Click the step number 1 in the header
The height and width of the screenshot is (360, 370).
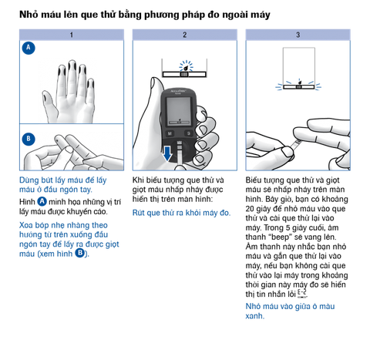(x=72, y=35)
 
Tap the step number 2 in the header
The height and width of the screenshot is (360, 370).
(x=184, y=35)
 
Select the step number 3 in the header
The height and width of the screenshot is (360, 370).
(x=298, y=35)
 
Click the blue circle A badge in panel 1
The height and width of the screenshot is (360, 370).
(x=29, y=48)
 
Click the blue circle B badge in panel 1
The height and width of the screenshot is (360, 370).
(x=29, y=139)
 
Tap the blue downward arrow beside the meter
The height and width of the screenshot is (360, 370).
(x=167, y=153)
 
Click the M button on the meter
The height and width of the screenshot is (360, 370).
(x=170, y=133)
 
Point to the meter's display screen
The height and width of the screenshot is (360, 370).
(x=179, y=112)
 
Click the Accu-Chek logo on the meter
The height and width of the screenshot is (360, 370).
(x=179, y=92)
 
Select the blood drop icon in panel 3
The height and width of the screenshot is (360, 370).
(x=299, y=82)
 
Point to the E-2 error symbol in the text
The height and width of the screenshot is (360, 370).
(x=302, y=294)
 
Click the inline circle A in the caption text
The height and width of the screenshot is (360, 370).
(x=42, y=201)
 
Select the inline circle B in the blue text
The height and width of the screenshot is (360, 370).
(x=80, y=254)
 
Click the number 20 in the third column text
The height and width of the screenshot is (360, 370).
(x=250, y=209)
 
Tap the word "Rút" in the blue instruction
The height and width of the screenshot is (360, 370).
(x=138, y=213)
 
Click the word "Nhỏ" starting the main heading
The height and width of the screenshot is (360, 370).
(x=29, y=14)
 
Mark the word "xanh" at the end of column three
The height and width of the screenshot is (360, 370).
(x=254, y=316)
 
